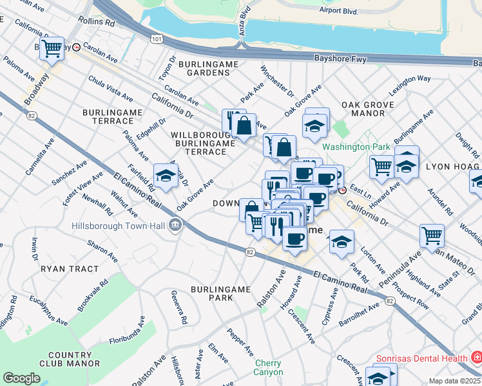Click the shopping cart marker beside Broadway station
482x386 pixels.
point(52,47)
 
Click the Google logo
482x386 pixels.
point(21,378)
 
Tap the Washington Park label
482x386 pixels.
point(356,147)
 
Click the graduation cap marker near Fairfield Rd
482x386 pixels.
point(166,176)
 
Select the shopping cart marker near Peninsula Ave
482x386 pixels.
point(431,235)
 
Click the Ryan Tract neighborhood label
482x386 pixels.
point(70,269)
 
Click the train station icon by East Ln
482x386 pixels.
point(343,190)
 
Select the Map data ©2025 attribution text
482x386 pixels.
point(454,381)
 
